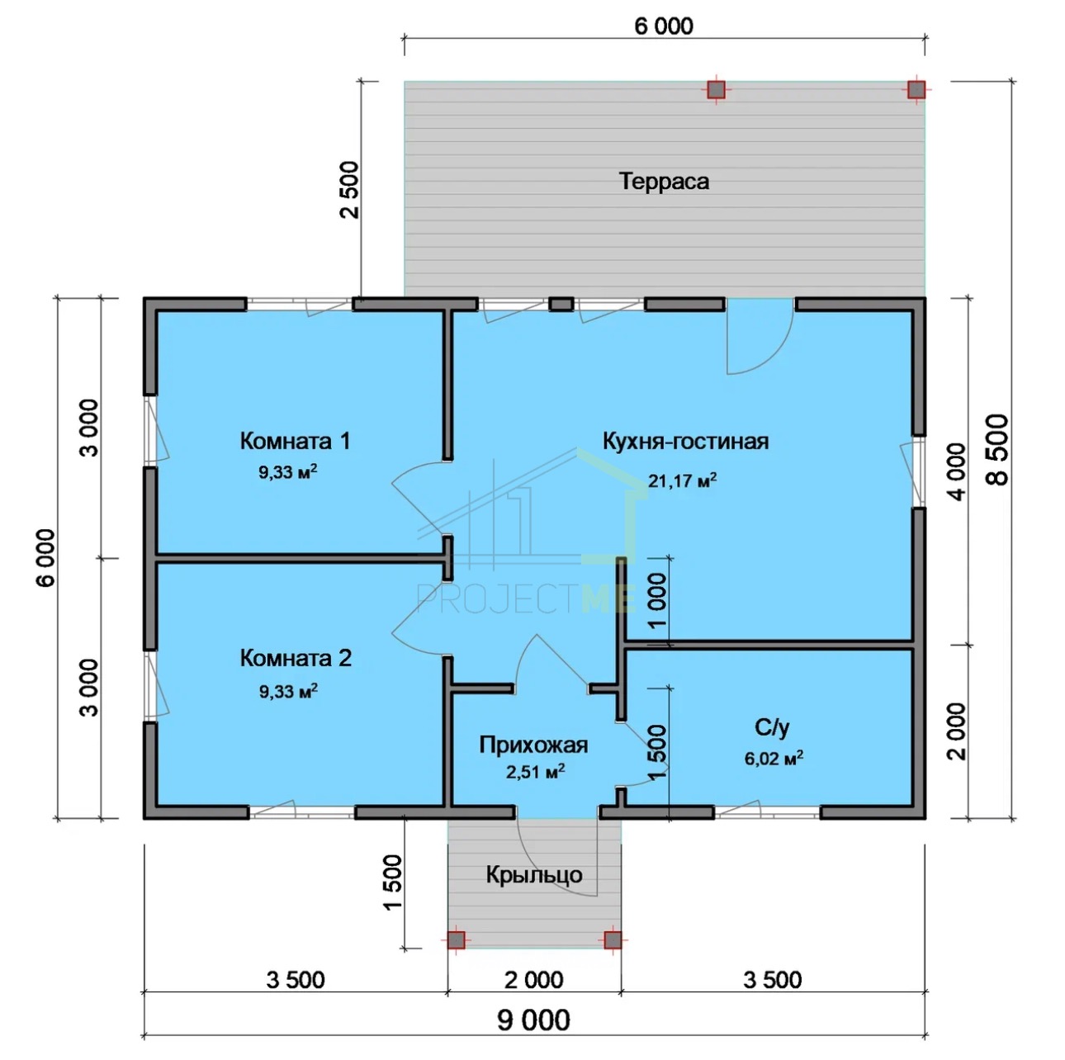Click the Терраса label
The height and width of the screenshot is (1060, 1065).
(x=664, y=182)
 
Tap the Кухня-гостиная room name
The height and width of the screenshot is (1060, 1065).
(x=685, y=442)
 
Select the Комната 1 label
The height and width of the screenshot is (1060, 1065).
(x=295, y=441)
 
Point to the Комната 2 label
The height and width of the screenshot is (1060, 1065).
(x=296, y=658)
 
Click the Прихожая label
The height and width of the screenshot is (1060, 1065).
(x=533, y=745)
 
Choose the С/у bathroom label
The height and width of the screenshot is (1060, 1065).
(x=772, y=727)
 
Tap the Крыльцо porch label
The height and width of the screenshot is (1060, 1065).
(x=534, y=875)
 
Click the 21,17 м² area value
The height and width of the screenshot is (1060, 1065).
(x=682, y=480)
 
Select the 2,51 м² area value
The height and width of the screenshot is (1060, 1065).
(x=535, y=772)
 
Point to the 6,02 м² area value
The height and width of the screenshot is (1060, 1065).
(x=774, y=758)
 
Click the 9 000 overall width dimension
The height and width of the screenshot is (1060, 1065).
(x=533, y=1020)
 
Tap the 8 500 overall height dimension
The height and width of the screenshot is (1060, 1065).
(x=998, y=449)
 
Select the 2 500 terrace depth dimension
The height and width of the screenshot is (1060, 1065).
(x=350, y=189)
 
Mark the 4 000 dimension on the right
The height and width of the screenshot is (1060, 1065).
(x=956, y=472)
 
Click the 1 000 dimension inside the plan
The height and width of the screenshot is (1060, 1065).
(x=657, y=601)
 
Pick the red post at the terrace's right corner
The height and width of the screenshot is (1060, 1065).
(x=916, y=89)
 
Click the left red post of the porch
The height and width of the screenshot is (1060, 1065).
(x=456, y=939)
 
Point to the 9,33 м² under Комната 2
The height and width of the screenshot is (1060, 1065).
(x=288, y=690)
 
